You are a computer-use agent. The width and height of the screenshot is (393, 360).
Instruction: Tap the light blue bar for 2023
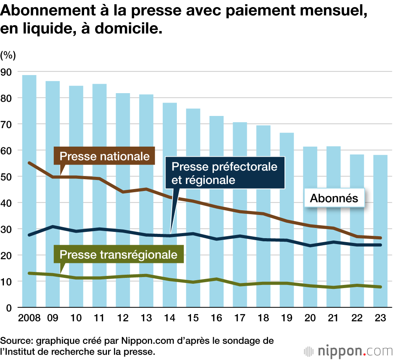tap(380, 197)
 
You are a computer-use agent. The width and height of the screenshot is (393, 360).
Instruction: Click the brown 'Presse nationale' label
tap(105, 156)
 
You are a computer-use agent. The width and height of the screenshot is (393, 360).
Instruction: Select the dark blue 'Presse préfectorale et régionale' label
tap(224, 173)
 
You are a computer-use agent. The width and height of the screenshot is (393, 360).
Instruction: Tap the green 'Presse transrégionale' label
tap(118, 254)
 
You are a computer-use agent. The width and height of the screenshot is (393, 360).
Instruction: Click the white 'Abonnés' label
tap(334, 198)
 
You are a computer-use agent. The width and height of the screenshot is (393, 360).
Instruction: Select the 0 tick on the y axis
tap(9, 307)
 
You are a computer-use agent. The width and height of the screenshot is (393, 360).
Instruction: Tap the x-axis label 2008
tap(29, 318)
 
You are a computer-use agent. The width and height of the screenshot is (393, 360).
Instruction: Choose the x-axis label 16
tap(217, 318)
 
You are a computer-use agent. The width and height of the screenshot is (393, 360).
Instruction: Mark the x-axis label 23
tap(380, 318)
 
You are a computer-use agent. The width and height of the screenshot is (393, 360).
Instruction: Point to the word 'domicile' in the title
tap(127, 29)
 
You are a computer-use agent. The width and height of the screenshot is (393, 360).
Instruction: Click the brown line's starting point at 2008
tap(29, 162)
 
